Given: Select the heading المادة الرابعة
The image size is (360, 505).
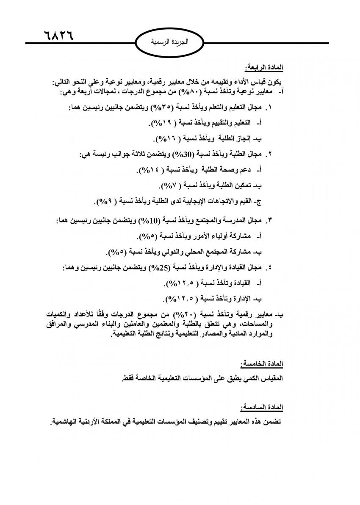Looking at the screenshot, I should [264, 67].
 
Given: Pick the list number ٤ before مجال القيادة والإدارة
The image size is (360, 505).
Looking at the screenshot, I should [270, 268].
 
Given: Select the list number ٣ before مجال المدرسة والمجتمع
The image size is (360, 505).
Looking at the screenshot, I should [270, 221].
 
